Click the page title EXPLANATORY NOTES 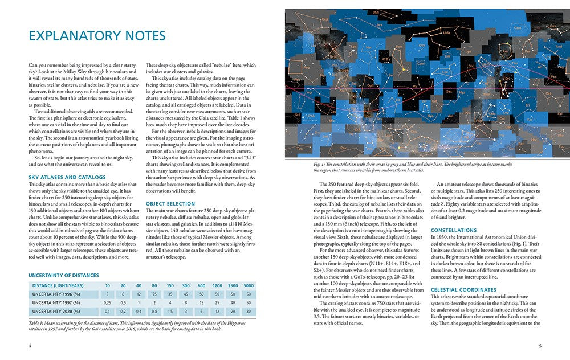(97, 36)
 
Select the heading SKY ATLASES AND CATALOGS (67, 177)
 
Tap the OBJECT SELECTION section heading (170, 203)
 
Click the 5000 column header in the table (249, 285)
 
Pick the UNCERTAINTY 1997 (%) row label (56, 302)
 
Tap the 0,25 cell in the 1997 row (107, 302)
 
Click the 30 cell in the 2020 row (249, 312)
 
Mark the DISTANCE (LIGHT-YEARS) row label (58, 285)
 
